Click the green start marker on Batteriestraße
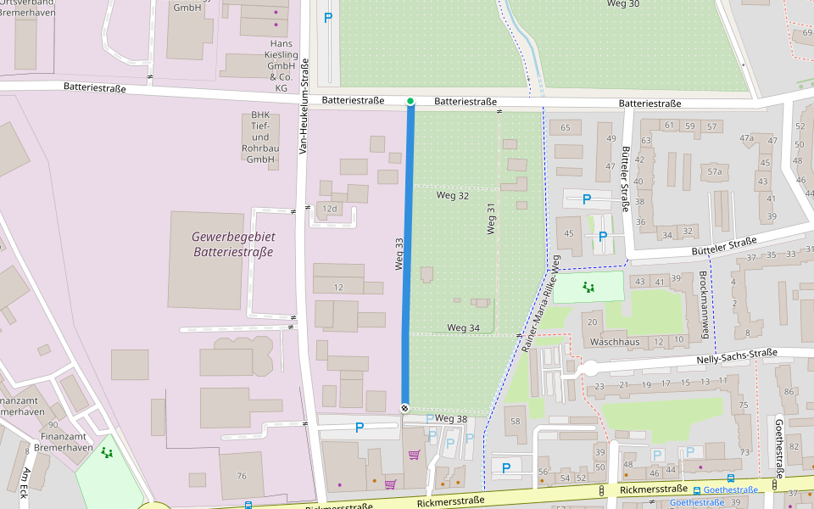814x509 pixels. pyautogui.click(x=410, y=102)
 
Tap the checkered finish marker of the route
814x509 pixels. pyautogui.click(x=405, y=408)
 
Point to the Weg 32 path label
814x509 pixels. pyautogui.click(x=452, y=196)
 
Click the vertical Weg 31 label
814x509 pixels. pyautogui.click(x=491, y=218)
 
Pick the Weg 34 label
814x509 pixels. pyautogui.click(x=463, y=327)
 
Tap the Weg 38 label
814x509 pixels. pyautogui.click(x=451, y=419)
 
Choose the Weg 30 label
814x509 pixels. pyautogui.click(x=623, y=4)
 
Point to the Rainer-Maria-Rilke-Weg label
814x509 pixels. pyautogui.click(x=543, y=302)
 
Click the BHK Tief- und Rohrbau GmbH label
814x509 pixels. pyautogui.click(x=260, y=137)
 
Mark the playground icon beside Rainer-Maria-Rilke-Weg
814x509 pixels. pyautogui.click(x=588, y=287)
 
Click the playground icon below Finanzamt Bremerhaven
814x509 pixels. pyautogui.click(x=107, y=452)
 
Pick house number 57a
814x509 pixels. pyautogui.click(x=715, y=171)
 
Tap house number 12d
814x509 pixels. pyautogui.click(x=330, y=209)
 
